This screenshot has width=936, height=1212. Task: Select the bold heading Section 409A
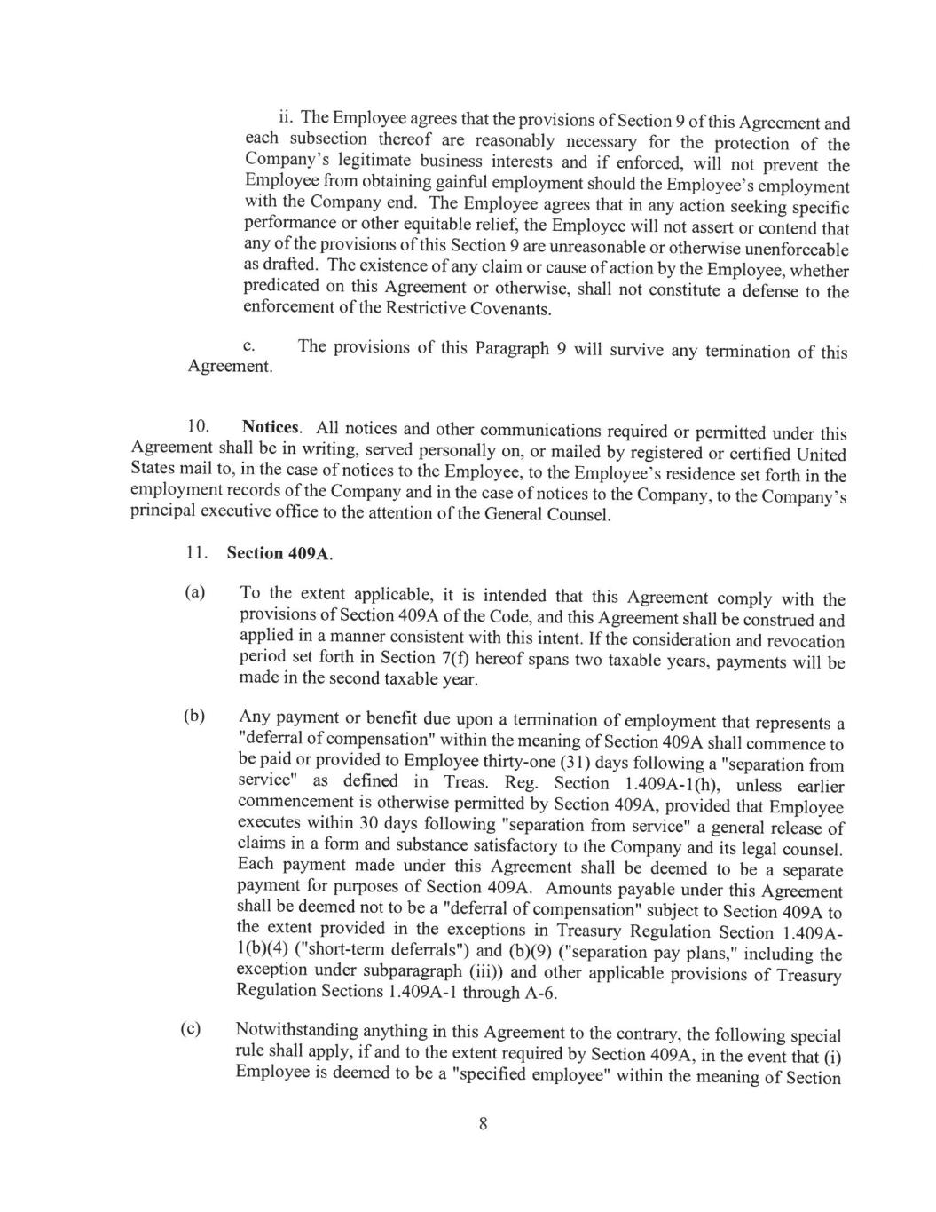click(x=279, y=553)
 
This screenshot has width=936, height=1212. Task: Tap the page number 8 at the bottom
click(x=483, y=1124)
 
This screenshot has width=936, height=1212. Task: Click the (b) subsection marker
click(x=194, y=717)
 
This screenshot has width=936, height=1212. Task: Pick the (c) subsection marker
click(x=191, y=1029)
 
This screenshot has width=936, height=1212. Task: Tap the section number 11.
click(x=196, y=552)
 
